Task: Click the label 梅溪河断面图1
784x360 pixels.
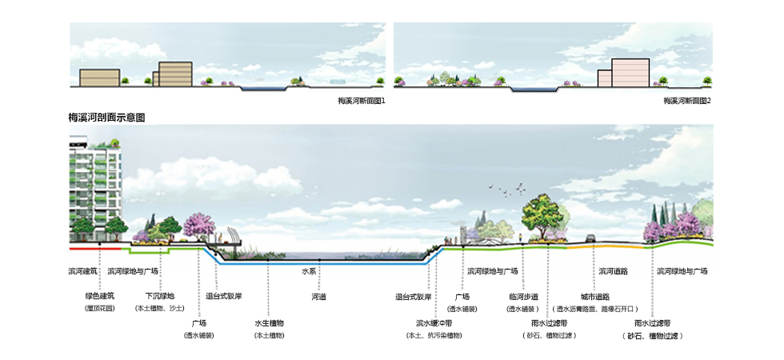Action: click(362, 102)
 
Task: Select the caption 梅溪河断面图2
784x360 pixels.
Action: click(687, 102)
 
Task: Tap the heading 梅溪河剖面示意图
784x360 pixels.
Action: click(106, 118)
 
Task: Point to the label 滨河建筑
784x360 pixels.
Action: click(82, 271)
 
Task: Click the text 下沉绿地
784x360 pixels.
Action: click(159, 296)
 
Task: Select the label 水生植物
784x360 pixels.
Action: click(269, 323)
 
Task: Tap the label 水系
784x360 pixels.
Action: click(310, 271)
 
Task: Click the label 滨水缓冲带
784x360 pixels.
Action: click(434, 323)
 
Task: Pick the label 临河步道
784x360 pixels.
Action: click(523, 297)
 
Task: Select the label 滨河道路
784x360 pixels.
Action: click(613, 271)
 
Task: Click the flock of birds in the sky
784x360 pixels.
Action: click(509, 190)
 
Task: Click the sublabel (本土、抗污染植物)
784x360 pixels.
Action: click(434, 334)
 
